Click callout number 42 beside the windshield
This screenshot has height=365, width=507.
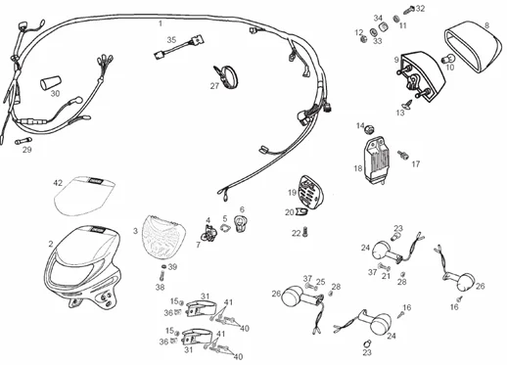[58, 183]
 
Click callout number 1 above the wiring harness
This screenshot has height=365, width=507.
[161, 21]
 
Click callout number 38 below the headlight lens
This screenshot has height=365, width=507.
[160, 287]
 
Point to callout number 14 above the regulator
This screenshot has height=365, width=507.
[360, 125]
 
